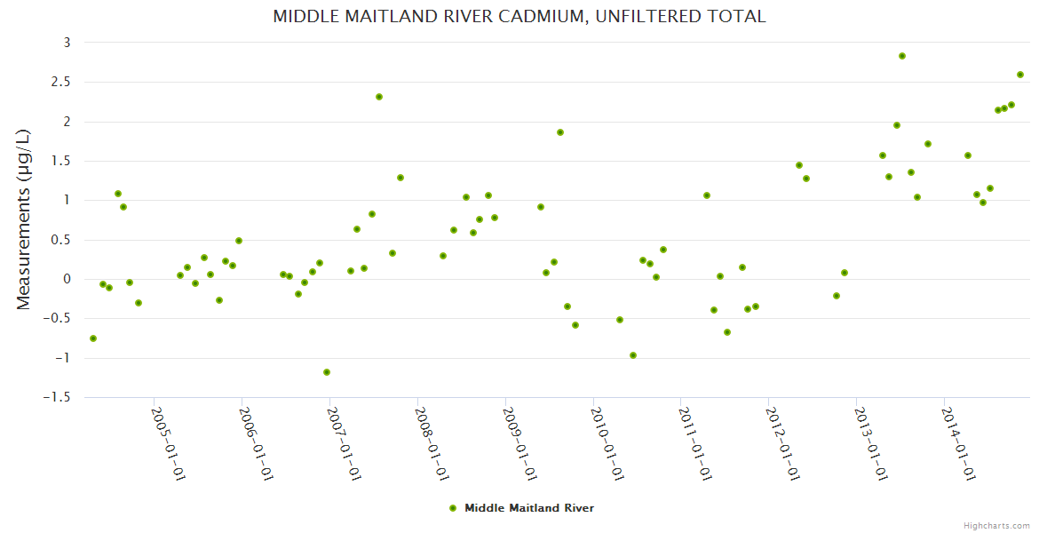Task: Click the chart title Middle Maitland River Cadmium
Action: [519, 16]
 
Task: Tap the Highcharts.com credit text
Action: [996, 525]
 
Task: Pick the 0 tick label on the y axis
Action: [66, 279]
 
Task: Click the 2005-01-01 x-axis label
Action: [168, 444]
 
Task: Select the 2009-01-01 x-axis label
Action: [519, 444]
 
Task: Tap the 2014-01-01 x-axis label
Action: [959, 444]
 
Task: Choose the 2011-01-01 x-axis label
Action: [695, 444]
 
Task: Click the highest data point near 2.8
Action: [902, 56]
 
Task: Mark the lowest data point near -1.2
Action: [327, 372]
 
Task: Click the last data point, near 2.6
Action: [1020, 75]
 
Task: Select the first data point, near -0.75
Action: [93, 338]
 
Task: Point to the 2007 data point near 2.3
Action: [379, 97]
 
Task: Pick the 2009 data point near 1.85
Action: [560, 132]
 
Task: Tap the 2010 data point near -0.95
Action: [633, 355]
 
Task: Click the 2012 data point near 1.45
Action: [799, 165]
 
